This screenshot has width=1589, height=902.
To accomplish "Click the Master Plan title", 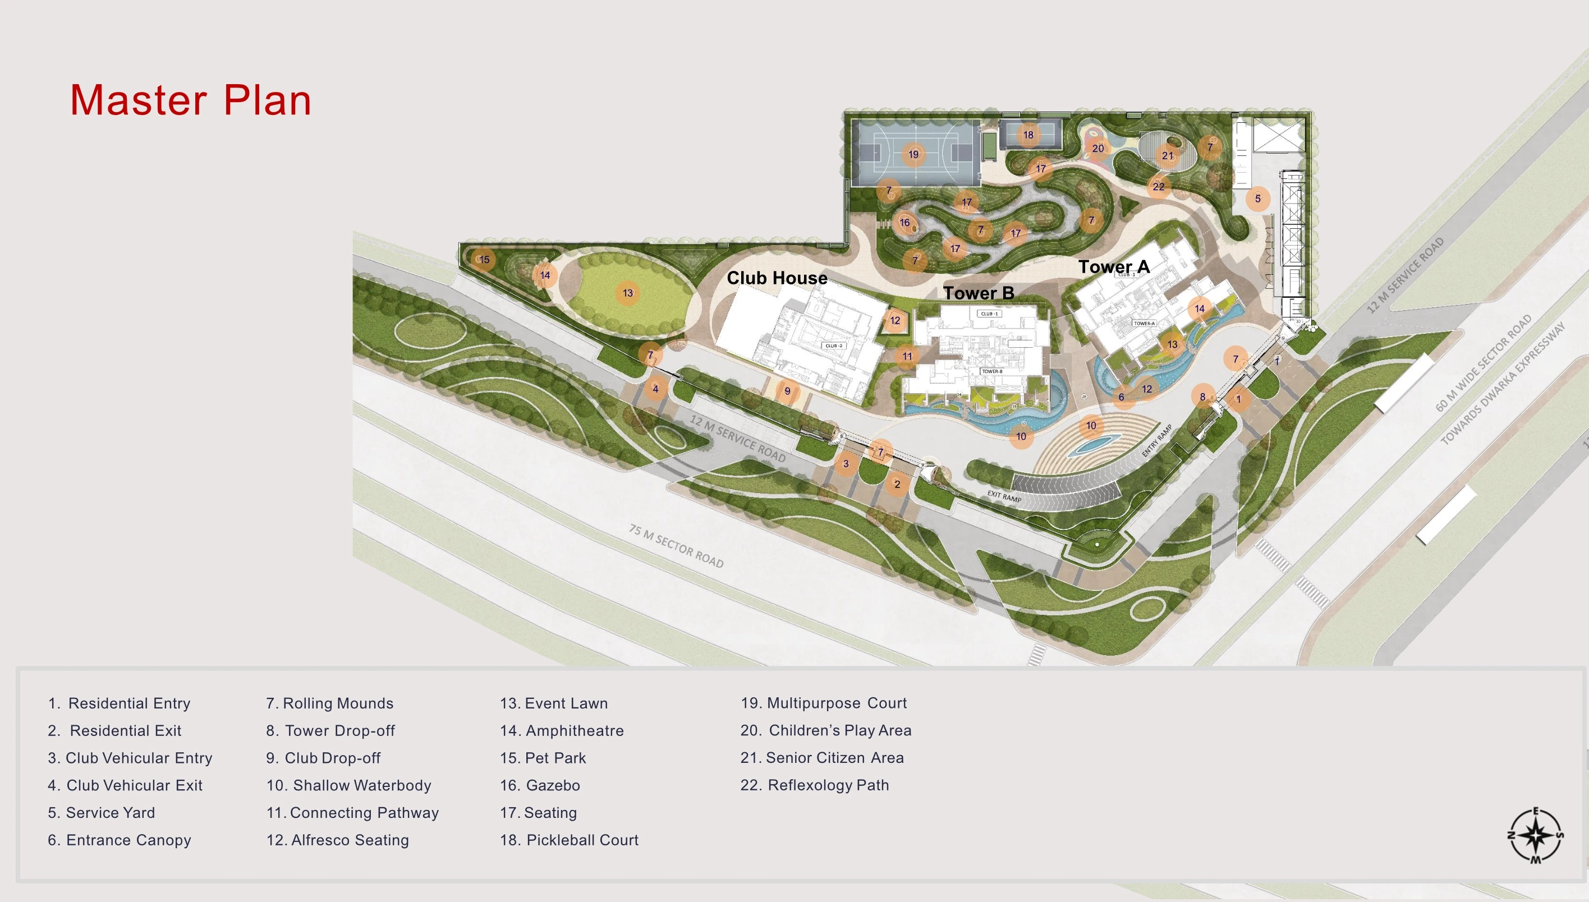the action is pos(190,100).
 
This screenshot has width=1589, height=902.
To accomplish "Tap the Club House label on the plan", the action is pos(777,278).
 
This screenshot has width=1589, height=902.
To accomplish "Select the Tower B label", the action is pos(978,293).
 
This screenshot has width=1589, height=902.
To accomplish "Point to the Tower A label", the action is pos(1114,267).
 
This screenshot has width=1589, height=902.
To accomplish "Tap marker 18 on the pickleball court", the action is pos(1028,135).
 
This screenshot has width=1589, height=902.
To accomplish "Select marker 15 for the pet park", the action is pos(484,260).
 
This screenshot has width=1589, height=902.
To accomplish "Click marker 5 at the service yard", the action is pos(1257,199).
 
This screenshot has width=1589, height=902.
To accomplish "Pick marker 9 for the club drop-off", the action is pos(787,391).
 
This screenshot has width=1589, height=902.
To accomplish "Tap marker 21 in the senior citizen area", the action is pos(1168,155).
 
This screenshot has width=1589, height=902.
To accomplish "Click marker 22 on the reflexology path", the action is pos(1159,186).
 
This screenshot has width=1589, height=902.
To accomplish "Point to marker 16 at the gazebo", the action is pos(905,222).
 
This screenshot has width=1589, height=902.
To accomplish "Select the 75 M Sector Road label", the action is pos(676,546).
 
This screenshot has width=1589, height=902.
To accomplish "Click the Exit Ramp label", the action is pos(1004,496).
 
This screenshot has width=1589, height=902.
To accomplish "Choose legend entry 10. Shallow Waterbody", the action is pos(349,785).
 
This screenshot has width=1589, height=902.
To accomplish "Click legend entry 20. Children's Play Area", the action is pos(826,730).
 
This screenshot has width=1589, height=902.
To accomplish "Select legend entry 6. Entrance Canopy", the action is pos(120,840).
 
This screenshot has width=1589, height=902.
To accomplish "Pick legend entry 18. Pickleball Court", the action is pos(570,840).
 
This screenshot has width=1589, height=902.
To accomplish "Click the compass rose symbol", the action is pos(1536,835).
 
